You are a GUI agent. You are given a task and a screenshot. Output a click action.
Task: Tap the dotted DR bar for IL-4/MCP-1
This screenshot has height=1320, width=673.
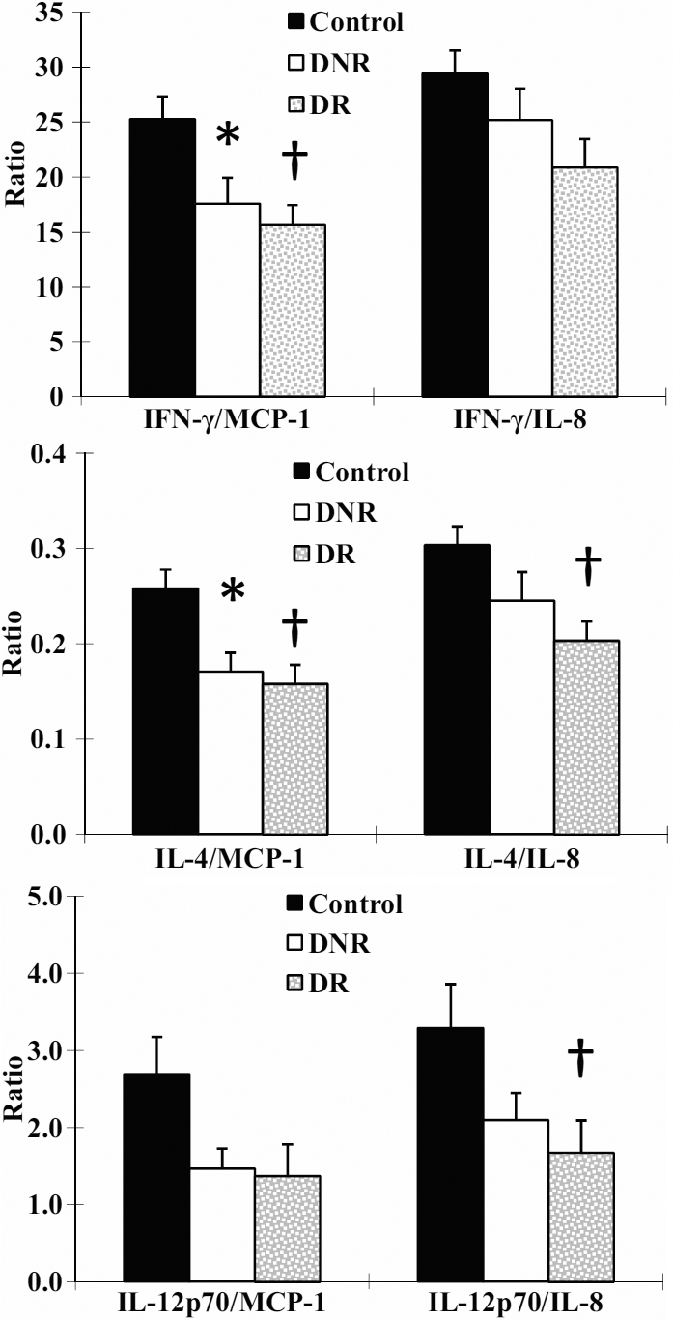tap(293, 759)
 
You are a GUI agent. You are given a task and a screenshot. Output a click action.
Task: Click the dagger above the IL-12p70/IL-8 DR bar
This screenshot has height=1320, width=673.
tap(581, 1052)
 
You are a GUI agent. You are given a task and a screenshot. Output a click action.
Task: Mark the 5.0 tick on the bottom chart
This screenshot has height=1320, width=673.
tap(43, 896)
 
